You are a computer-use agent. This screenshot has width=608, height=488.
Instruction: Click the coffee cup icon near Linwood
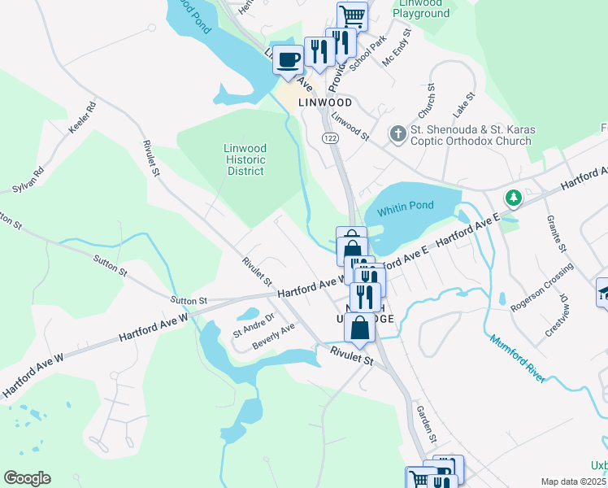coord(289,59)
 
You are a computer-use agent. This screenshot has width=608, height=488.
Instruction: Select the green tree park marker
coord(513,197)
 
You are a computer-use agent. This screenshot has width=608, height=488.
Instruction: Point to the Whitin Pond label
coord(411,206)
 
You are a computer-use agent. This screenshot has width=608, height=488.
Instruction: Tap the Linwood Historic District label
coord(245,159)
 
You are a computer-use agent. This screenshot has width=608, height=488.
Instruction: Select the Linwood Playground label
coord(421,8)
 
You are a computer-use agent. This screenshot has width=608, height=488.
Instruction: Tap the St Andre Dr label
coord(254,324)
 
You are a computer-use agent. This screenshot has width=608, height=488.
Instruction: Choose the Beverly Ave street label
coord(273,337)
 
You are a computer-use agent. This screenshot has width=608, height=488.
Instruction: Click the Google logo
coord(27,478)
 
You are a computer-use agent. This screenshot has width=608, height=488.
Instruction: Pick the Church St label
coord(428,100)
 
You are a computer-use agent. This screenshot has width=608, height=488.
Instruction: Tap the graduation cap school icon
coord(604,294)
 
